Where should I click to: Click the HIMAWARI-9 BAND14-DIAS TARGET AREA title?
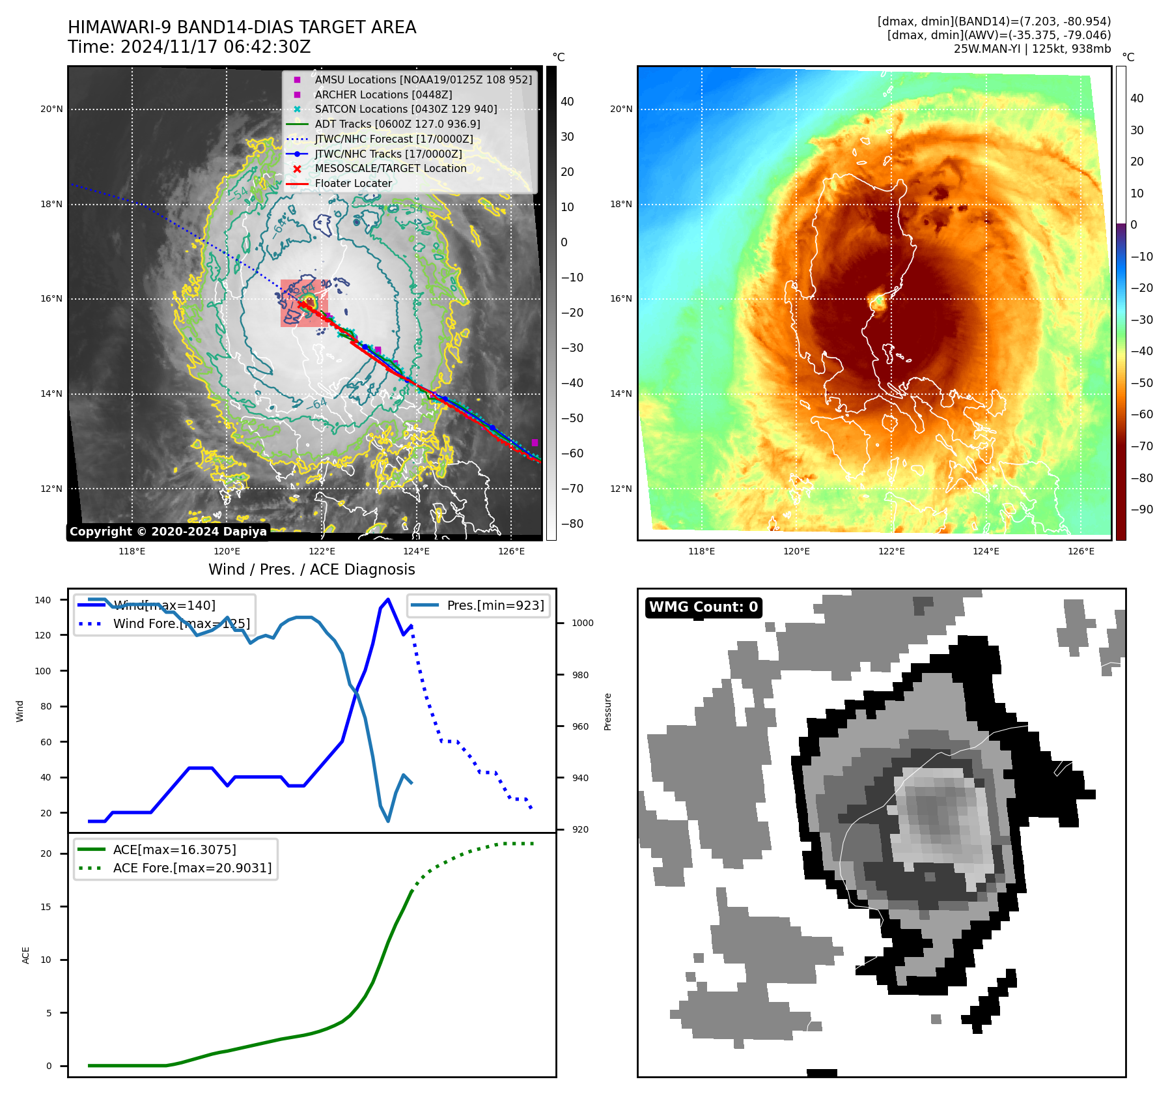242,27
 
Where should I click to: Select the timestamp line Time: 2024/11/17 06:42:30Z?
189,48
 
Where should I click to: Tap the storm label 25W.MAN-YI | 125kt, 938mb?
1032,49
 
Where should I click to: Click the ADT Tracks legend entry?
397,124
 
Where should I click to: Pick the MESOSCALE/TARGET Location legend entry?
391,168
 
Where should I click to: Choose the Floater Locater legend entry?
353,183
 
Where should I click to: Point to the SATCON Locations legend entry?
406,109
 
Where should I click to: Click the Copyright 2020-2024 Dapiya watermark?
168,532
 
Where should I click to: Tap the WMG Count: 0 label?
703,607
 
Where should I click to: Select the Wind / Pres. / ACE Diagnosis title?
311,569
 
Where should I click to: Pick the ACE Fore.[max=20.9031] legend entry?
192,868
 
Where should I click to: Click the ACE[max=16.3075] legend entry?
174,850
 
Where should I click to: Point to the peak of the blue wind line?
388,599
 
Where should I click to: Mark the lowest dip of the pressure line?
388,821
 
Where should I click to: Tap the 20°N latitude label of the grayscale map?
51,109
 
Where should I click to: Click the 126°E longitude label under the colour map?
1081,551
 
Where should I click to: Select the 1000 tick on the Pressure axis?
582,623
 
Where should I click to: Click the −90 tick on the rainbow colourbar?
1141,509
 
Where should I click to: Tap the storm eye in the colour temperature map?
878,301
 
